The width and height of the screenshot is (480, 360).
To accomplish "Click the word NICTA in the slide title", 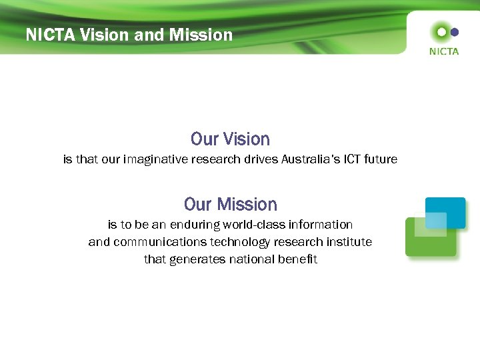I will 50,35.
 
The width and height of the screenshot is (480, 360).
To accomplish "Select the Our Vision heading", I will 230,139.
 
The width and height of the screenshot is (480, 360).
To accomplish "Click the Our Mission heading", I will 230,204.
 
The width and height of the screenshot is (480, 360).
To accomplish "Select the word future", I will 382,160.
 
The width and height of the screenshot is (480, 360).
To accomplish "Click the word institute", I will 349,242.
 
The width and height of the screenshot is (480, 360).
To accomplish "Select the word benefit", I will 295,259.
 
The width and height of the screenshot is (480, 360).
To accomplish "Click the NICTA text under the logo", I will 443,51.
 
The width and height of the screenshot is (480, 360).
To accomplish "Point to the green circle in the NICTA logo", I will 440,31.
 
